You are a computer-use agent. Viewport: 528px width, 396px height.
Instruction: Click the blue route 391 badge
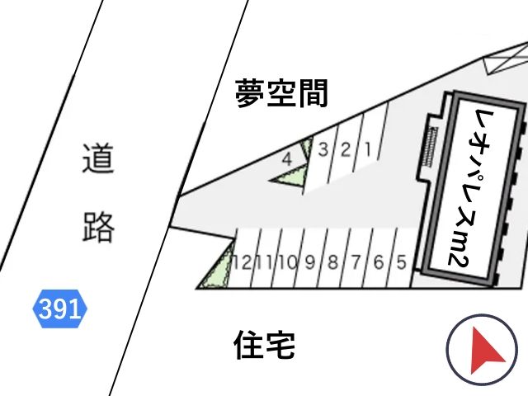(x=59, y=309)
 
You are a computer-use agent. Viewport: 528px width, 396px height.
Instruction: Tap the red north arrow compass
(x=482, y=350)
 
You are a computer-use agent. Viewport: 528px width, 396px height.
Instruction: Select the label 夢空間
(x=281, y=93)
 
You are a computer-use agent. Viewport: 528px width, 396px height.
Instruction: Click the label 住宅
(x=264, y=345)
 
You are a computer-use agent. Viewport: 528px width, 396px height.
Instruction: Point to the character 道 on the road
(x=98, y=158)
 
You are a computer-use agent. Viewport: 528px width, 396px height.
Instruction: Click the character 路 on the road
(x=98, y=228)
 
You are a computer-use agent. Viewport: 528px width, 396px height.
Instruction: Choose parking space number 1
(x=368, y=149)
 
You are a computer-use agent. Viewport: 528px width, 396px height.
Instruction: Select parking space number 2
(x=346, y=149)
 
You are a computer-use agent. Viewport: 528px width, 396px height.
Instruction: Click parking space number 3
(x=323, y=149)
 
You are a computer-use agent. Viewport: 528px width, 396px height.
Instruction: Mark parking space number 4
(x=287, y=159)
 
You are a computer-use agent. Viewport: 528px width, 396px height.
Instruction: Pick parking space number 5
(x=401, y=262)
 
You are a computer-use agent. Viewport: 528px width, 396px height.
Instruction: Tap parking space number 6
(x=379, y=262)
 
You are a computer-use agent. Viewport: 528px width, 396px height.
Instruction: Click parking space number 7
(x=356, y=262)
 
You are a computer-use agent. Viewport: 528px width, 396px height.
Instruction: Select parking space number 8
(x=332, y=262)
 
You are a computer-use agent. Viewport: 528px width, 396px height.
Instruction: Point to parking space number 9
(x=310, y=262)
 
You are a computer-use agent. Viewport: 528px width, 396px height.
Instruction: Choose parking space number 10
(x=287, y=262)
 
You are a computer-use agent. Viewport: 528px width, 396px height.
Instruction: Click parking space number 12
(x=243, y=262)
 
